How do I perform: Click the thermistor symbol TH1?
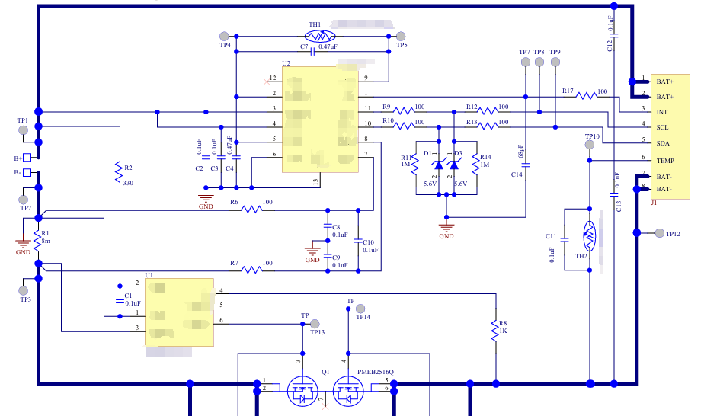(321, 36)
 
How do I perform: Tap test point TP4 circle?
(224, 36)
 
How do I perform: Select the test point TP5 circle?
(400, 36)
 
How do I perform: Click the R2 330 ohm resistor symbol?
(118, 173)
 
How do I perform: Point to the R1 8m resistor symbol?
(37, 242)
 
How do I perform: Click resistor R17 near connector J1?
(587, 96)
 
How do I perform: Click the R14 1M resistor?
(475, 165)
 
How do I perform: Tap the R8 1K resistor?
(496, 328)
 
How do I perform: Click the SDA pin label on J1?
(663, 142)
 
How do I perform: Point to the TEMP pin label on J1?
(665, 161)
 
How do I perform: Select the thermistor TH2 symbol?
(589, 236)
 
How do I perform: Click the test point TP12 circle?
(658, 232)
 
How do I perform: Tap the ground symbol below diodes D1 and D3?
(446, 226)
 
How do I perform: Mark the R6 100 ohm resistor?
(251, 210)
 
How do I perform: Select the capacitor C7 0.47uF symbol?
(313, 52)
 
